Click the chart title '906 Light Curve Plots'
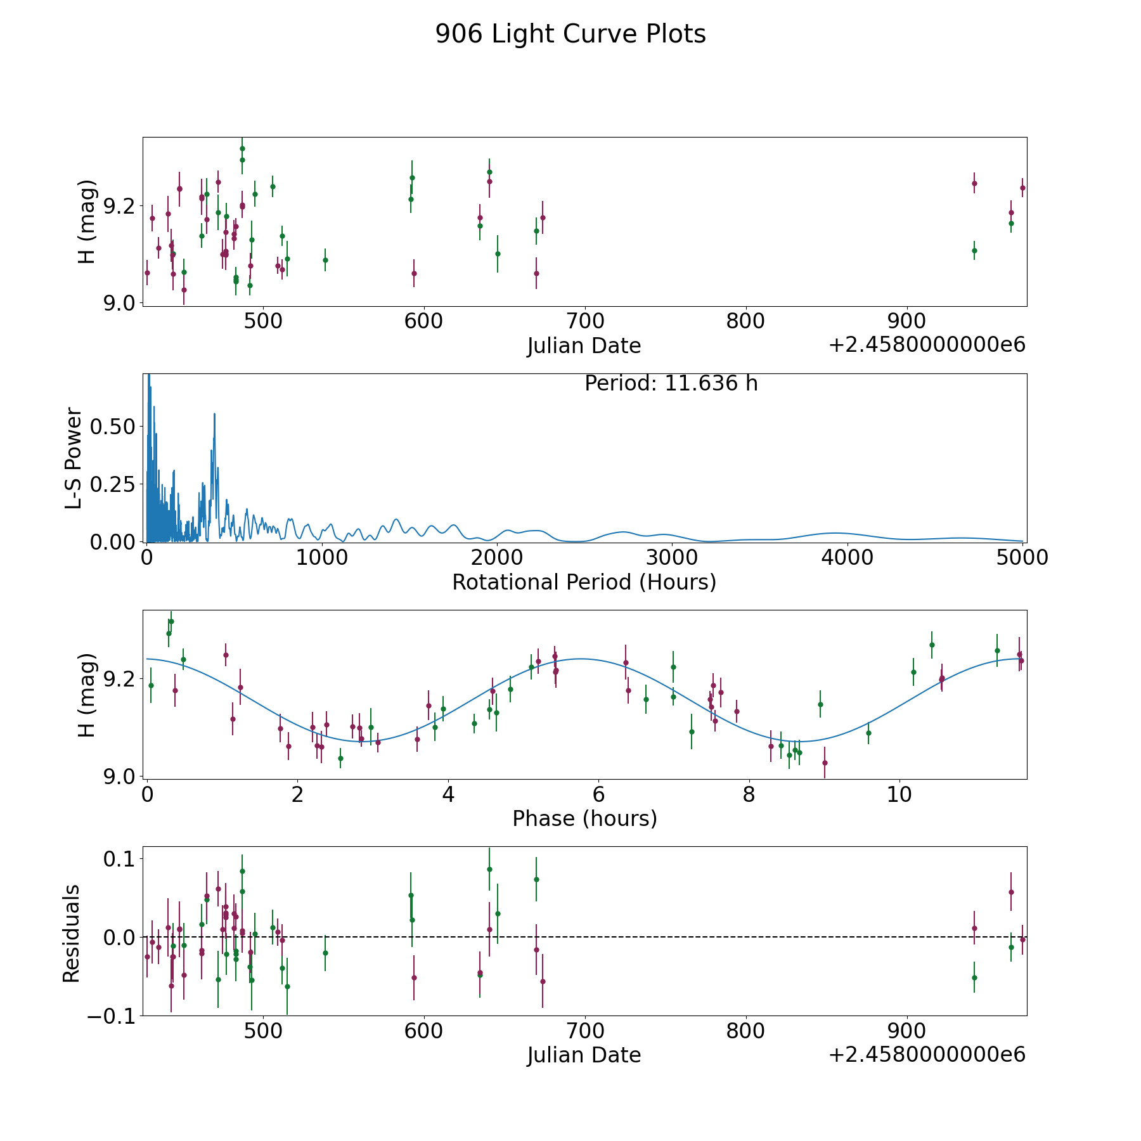click(x=570, y=34)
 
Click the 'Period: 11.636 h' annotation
click(x=671, y=384)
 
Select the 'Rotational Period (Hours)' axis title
click(x=584, y=582)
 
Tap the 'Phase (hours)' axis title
click(x=584, y=818)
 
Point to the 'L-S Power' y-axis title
click(x=74, y=458)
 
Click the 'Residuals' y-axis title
click(x=72, y=933)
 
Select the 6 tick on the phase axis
click(x=598, y=794)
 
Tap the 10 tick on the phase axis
click(x=899, y=794)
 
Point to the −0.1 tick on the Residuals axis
click(x=106, y=1015)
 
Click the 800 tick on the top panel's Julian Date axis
click(x=745, y=321)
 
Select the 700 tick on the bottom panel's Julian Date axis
click(x=584, y=1031)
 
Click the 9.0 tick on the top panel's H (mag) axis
click(x=119, y=302)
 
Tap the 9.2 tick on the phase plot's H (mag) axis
click(x=119, y=679)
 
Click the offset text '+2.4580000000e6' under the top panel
click(x=927, y=345)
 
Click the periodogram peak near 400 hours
click(x=214, y=414)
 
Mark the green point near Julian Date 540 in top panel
click(x=325, y=260)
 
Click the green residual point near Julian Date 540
click(x=325, y=953)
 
